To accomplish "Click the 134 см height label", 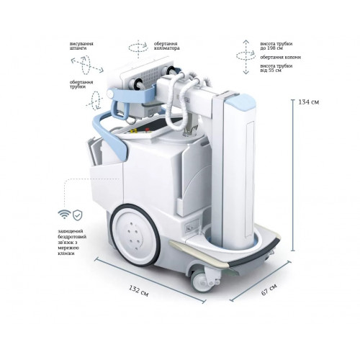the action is [x=309, y=102].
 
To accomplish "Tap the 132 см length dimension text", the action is [x=139, y=291].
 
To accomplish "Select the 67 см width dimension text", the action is [x=269, y=289].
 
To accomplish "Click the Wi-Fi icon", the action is [x=64, y=215].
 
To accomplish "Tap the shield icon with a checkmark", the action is [x=78, y=215].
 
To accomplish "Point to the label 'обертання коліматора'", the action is [x=166, y=46].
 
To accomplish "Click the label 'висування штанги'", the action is [x=81, y=46].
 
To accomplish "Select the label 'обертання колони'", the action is [x=281, y=58].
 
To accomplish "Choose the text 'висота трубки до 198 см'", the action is [x=276, y=46].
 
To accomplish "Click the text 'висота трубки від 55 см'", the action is [x=276, y=68].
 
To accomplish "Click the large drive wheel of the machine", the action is [x=135, y=235].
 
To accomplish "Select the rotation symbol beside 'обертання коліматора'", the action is [x=138, y=49].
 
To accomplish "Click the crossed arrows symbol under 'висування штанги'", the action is [x=87, y=64].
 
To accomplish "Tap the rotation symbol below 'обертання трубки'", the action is [x=95, y=100].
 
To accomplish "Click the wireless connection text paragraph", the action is [x=72, y=242].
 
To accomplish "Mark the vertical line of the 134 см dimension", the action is [x=292, y=175].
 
